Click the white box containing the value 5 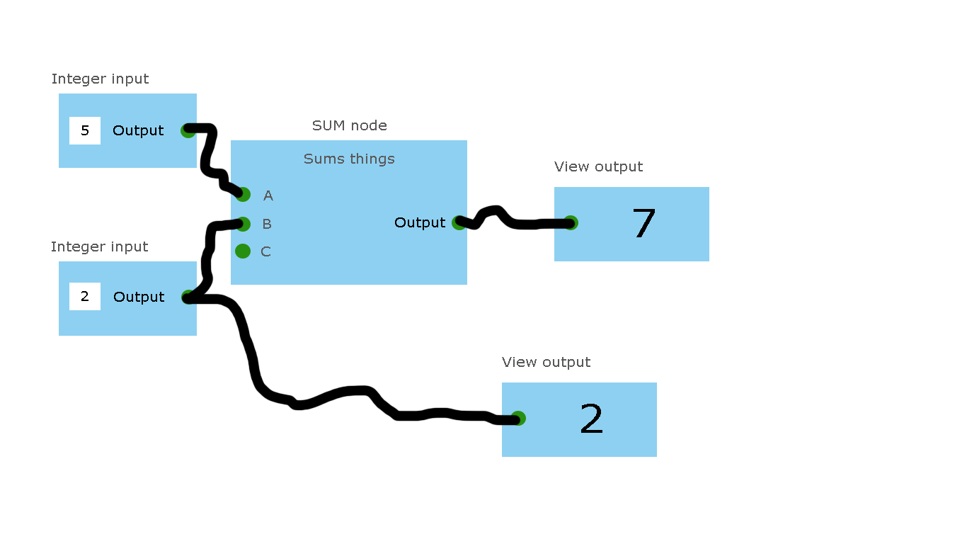(x=85, y=130)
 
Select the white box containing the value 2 (x=85, y=296)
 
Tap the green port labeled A (x=244, y=195)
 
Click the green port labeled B (x=244, y=224)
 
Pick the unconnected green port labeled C (x=243, y=251)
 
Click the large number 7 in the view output (x=643, y=224)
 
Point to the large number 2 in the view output (x=591, y=419)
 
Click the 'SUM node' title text (x=349, y=126)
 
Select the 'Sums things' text (x=349, y=159)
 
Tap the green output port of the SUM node (x=459, y=222)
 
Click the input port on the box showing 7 (x=571, y=223)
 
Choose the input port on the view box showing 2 (x=518, y=419)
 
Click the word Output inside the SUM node (x=420, y=222)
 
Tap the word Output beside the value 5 (x=138, y=130)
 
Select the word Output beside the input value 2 (x=139, y=297)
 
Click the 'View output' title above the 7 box (x=598, y=167)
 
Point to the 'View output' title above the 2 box (x=546, y=363)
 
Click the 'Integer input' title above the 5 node (x=100, y=79)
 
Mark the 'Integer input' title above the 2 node (x=99, y=247)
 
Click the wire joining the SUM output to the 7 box (x=524, y=225)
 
